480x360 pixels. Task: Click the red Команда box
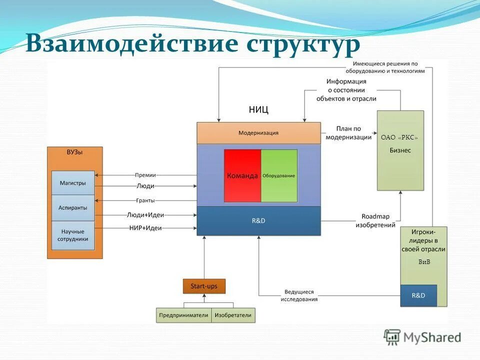[242, 175]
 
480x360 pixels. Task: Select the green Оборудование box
[279, 175]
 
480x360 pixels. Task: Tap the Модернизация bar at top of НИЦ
[258, 133]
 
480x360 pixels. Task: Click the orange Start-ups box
[204, 286]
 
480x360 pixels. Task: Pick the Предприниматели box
[183, 315]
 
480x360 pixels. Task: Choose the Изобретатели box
[233, 315]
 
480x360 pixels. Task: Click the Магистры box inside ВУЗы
[73, 183]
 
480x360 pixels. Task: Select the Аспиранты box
[73, 207]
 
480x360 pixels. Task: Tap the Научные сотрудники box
[73, 235]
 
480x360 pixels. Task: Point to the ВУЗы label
[74, 152]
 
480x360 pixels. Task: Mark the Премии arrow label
[145, 175]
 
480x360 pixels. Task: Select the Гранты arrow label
[145, 200]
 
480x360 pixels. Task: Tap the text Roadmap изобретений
[375, 221]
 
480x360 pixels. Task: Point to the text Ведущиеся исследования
[299, 295]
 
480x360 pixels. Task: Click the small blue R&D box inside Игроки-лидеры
[418, 295]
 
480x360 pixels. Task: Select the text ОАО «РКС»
[399, 137]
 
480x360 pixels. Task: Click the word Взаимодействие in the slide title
[132, 43]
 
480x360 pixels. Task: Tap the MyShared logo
[422, 337]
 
